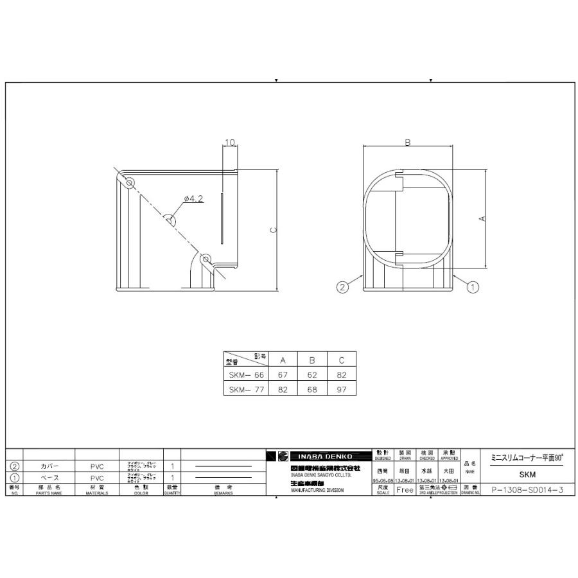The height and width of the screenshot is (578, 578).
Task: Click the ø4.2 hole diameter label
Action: (x=193, y=199)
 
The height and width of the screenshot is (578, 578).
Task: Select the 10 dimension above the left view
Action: (x=230, y=142)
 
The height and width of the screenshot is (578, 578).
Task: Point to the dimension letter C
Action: (x=273, y=230)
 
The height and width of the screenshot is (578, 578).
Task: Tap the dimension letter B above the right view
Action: (x=407, y=143)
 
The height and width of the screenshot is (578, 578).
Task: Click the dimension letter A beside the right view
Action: (x=483, y=218)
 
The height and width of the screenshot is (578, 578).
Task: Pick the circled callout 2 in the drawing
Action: (x=342, y=287)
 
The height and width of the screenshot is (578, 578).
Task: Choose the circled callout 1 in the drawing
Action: (x=473, y=287)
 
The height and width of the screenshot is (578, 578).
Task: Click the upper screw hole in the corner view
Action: (x=129, y=182)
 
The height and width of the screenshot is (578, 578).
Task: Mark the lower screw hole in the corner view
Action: (x=206, y=259)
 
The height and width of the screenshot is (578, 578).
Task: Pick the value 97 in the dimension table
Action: (x=341, y=389)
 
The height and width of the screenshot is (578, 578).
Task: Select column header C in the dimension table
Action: (x=341, y=360)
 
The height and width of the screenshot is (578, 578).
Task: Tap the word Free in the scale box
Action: (x=405, y=489)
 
